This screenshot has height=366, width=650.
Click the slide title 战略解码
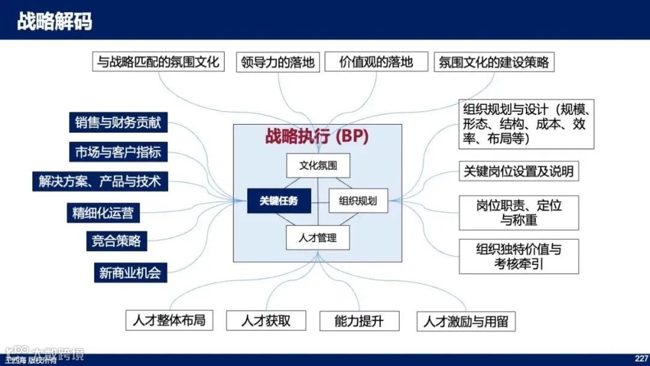click(55, 22)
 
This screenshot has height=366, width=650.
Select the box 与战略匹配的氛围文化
click(158, 61)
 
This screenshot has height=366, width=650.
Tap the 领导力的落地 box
click(277, 61)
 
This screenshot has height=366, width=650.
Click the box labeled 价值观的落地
click(376, 61)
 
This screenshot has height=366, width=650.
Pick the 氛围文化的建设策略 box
click(494, 61)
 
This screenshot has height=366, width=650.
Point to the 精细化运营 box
click(103, 212)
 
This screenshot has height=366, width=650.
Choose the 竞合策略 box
click(116, 241)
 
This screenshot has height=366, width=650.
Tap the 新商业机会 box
click(130, 272)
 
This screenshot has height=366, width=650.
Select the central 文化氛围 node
click(317, 165)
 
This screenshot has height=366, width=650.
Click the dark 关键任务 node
click(279, 201)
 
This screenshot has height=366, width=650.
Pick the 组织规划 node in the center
click(358, 201)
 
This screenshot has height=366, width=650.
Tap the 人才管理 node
click(317, 237)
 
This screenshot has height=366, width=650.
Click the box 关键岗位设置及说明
click(518, 171)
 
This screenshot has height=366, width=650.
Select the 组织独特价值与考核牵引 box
click(518, 256)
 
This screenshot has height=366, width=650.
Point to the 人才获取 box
click(265, 321)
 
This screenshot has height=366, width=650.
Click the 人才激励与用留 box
click(466, 321)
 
